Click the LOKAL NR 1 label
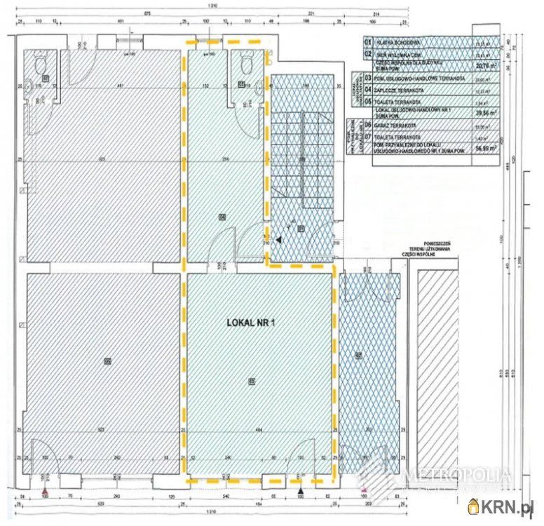coord(251,323)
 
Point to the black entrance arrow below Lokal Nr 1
coord(301,490)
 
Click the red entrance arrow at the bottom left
coord(46,490)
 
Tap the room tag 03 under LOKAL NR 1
coord(251,381)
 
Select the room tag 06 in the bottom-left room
coord(107,361)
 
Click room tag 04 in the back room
coord(222,215)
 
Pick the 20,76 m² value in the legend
coord(483,67)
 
